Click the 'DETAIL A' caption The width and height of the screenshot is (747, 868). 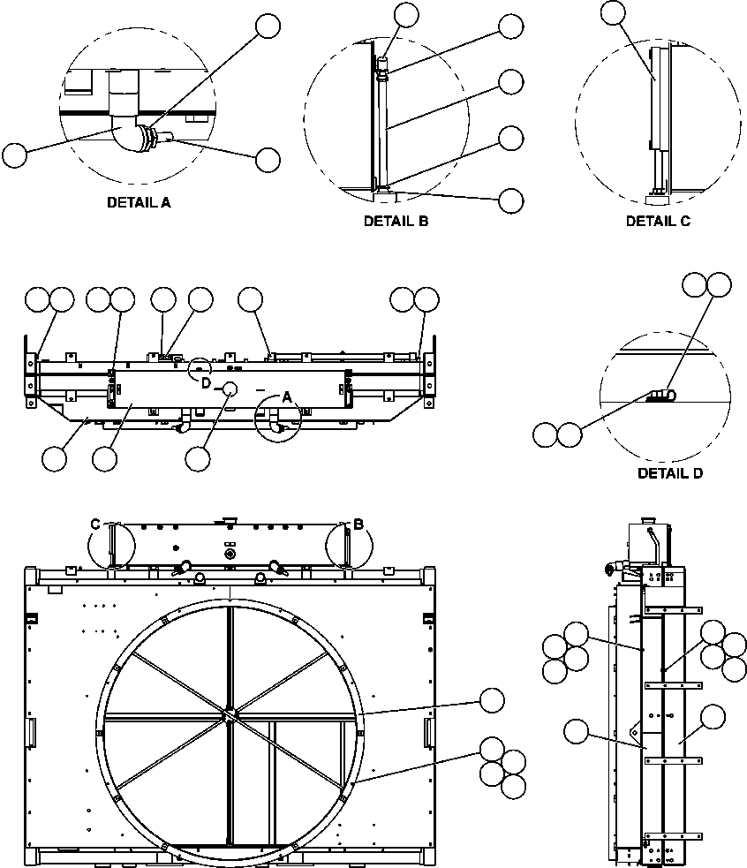click(139, 202)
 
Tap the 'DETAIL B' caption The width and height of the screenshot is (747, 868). click(396, 222)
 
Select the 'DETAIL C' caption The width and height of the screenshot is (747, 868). click(658, 222)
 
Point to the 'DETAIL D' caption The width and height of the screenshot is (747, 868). click(670, 473)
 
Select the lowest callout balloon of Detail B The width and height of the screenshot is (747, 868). click(510, 200)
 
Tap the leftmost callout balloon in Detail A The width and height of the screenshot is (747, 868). click(14, 156)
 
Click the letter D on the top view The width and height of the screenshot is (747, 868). click(206, 382)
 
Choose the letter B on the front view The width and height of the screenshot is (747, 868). click(358, 525)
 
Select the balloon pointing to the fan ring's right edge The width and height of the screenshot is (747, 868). click(492, 702)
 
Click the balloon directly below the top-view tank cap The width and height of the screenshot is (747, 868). click(199, 457)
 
